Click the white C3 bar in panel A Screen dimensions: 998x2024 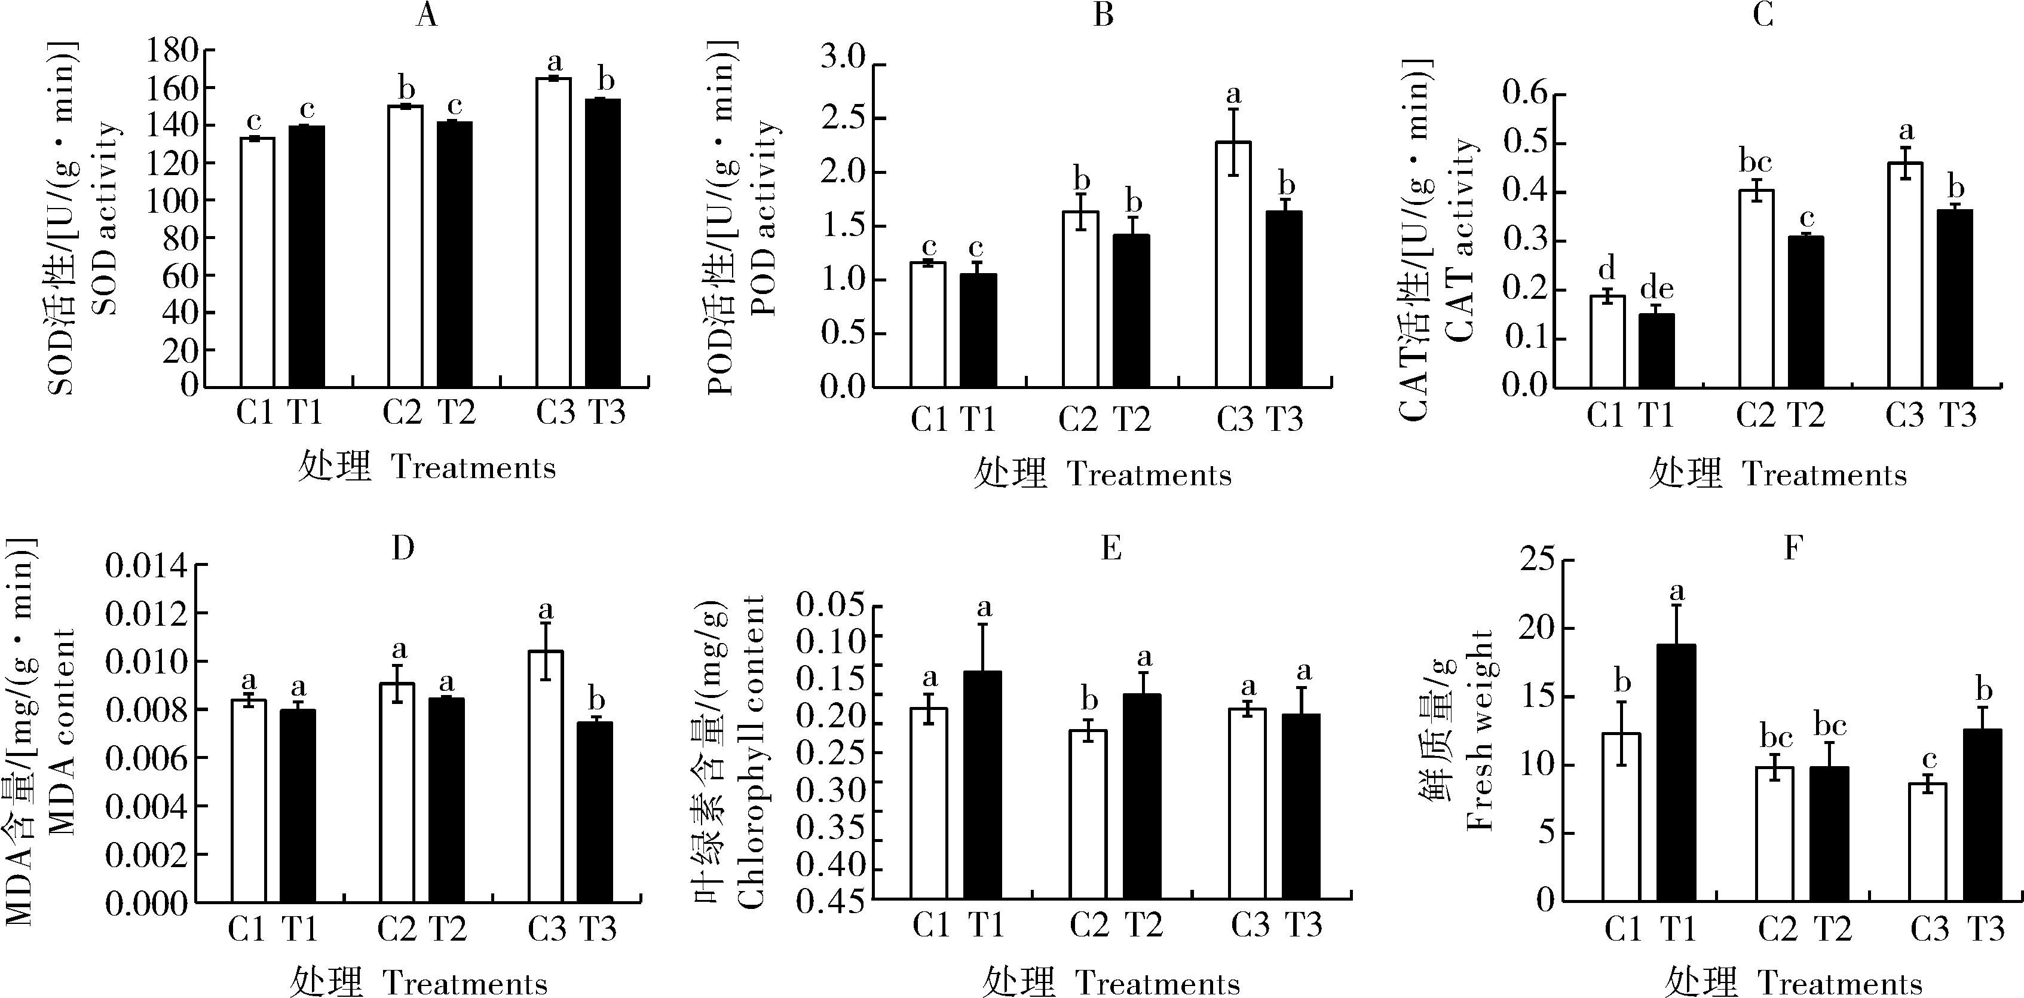(x=553, y=232)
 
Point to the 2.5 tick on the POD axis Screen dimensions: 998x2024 (x=842, y=119)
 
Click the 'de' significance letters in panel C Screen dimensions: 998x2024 (x=1656, y=289)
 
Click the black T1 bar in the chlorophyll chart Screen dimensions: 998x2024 (x=982, y=785)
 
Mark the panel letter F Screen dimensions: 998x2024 (x=1792, y=548)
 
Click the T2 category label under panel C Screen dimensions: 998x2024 (x=1805, y=414)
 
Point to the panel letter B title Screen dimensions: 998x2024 (x=1103, y=15)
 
